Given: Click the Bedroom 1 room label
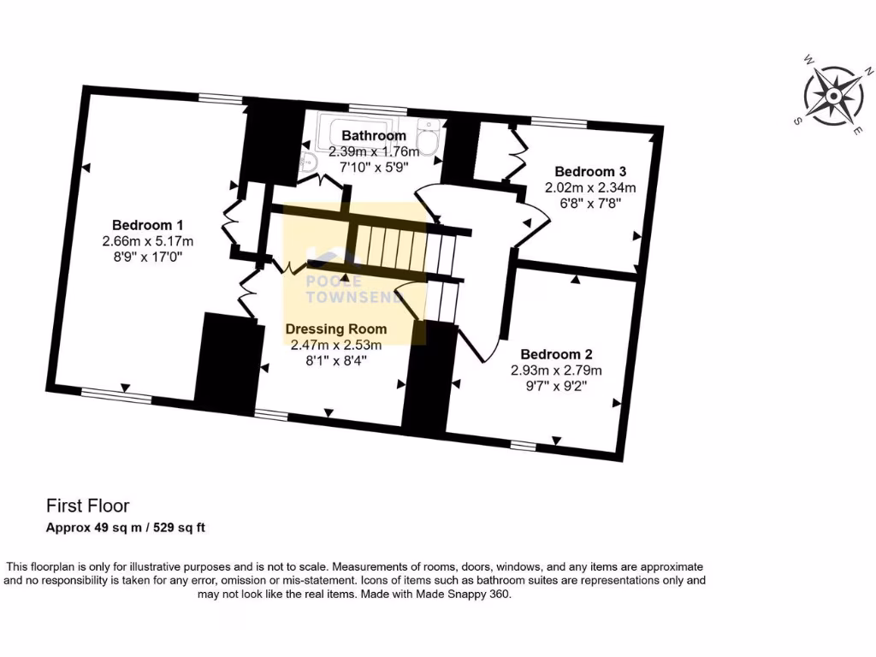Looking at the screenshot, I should (143, 225).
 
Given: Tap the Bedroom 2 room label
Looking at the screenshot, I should (556, 354).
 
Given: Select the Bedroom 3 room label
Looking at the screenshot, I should (590, 171).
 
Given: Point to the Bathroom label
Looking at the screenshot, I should (374, 135).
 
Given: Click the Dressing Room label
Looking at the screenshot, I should (335, 328).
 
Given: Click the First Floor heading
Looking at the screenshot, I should (87, 506).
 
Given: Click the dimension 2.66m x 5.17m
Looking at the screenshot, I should (143, 240).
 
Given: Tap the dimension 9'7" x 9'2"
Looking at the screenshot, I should (556, 386).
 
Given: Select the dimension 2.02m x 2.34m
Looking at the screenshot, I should (590, 187).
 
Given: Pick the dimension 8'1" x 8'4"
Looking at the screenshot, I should (335, 361).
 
